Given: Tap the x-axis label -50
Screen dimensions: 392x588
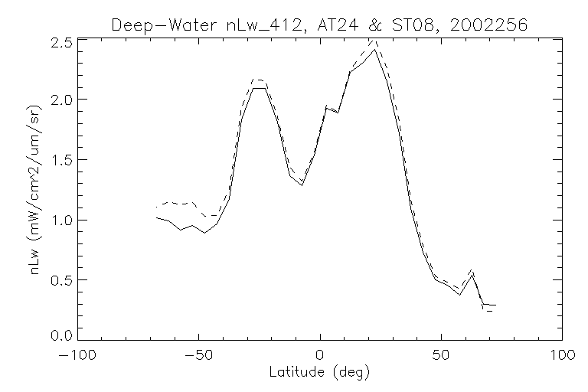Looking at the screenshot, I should point(198,356).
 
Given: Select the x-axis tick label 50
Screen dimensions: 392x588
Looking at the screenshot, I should point(441,356).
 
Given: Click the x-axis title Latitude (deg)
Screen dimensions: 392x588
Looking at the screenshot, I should point(319,373).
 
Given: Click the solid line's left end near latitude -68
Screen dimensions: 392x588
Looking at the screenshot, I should point(156,217).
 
